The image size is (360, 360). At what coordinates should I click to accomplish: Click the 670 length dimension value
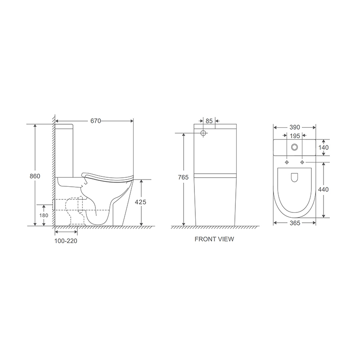[95, 121]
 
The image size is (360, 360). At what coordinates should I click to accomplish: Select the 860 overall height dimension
[35, 176]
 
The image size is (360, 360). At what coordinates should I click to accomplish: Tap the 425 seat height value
[140, 202]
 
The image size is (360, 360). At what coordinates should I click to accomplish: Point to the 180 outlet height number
[44, 216]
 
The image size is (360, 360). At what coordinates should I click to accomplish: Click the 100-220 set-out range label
[66, 241]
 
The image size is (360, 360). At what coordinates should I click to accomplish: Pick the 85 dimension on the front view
[209, 121]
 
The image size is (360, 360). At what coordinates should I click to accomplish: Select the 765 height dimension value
[183, 177]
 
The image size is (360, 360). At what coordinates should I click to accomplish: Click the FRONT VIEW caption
[214, 239]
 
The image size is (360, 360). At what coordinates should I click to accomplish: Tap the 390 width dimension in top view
[295, 127]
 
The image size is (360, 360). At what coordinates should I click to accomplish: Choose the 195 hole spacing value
[295, 136]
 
